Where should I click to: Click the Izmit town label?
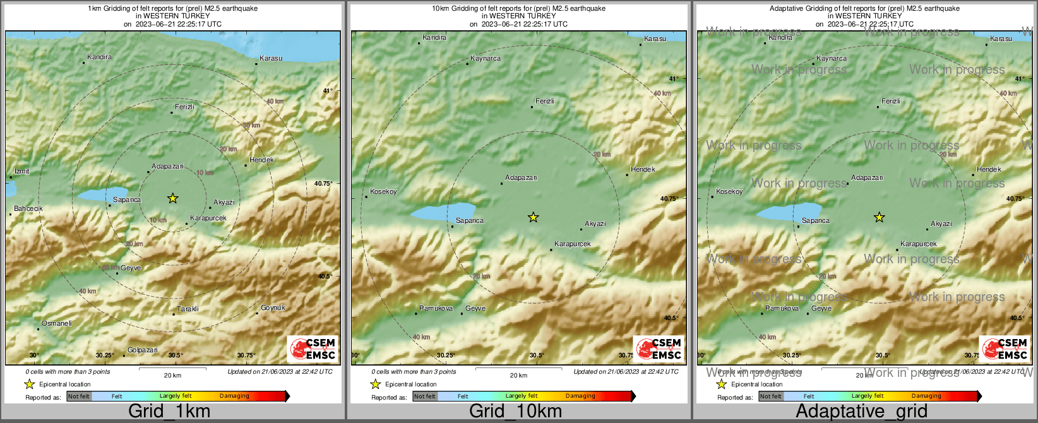tap(21, 172)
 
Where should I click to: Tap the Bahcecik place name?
tap(28, 209)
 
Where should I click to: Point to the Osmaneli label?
tap(57, 324)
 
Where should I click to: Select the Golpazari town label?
tap(143, 350)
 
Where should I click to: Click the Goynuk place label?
tap(273, 308)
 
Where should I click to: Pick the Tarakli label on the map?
tap(188, 309)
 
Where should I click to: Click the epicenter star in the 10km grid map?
tap(534, 217)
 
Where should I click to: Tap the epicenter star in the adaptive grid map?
tap(879, 217)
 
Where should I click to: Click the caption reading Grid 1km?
tap(169, 412)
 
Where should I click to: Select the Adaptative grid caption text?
tap(861, 412)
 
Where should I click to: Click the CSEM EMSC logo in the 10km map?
tap(659, 349)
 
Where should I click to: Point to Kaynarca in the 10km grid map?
tap(486, 59)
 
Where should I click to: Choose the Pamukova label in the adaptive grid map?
tap(782, 309)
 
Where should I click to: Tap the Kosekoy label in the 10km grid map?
tap(383, 192)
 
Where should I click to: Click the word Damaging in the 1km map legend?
tap(234, 396)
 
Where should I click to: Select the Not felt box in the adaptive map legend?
tap(770, 396)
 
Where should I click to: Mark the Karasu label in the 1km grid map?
tap(271, 59)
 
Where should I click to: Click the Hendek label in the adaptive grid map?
tap(989, 170)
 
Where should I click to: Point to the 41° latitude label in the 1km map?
tap(327, 91)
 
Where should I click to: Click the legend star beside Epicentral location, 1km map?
tap(29, 384)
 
